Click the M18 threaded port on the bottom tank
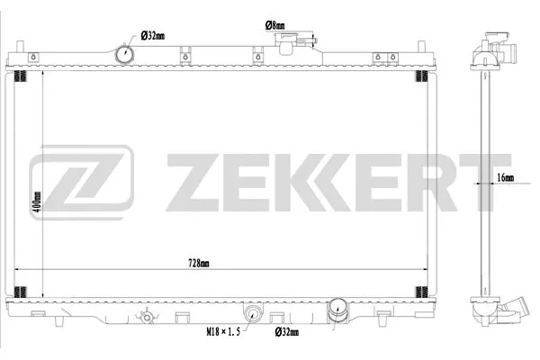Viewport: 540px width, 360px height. (253, 314)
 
